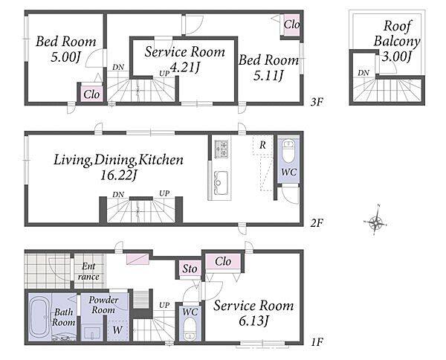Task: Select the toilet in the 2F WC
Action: tap(289, 147)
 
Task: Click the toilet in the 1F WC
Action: tap(190, 329)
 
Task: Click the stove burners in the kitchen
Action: tap(222, 149)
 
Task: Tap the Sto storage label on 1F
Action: tap(190, 269)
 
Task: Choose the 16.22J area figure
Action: tap(119, 175)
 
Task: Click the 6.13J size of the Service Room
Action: tap(253, 321)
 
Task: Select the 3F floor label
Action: tap(317, 102)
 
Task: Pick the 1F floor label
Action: tap(317, 341)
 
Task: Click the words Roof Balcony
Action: tap(397, 33)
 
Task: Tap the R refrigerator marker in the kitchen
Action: tap(262, 145)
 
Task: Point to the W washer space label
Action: tap(117, 330)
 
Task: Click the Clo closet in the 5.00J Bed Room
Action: tap(91, 94)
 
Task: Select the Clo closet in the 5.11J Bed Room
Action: tap(291, 25)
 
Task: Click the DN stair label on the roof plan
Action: tap(363, 73)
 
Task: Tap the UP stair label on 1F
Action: tap(164, 305)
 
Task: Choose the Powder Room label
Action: tap(103, 305)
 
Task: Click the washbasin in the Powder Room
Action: tap(92, 332)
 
